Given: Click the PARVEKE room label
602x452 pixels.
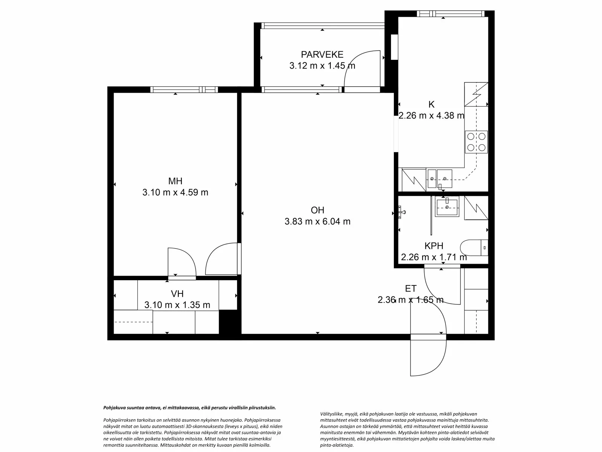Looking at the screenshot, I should coord(322,55).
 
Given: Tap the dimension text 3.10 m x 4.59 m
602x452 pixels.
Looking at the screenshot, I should coord(175,192).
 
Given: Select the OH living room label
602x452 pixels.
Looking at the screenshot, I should coord(317,210).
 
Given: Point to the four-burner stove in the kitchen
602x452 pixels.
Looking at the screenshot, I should coord(476,142).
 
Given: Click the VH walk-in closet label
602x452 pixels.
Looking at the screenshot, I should coord(177,293).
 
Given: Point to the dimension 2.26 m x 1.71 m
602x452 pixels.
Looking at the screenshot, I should coord(433,257).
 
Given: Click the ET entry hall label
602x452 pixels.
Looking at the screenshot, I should coord(410,289).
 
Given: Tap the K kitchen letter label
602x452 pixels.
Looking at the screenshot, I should coord(431,104).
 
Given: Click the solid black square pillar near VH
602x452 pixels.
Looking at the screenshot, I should coord(230,322).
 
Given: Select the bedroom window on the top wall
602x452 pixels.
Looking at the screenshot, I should coord(184,90).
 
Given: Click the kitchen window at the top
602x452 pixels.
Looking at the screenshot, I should coord(450,14).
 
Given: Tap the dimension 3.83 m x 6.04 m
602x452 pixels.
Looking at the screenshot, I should coord(317,221).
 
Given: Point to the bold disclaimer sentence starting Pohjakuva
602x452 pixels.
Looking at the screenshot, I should coord(190,408).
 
